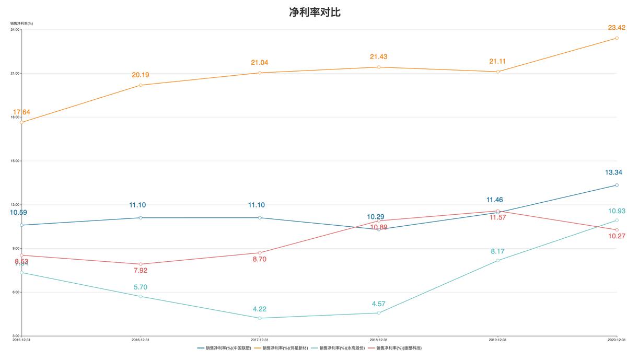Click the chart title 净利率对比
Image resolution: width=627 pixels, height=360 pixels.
click(x=315, y=13)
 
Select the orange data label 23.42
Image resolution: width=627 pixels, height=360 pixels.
click(x=609, y=27)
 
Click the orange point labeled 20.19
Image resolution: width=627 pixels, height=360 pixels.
click(x=141, y=85)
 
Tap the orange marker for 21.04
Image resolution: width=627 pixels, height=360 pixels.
click(x=260, y=73)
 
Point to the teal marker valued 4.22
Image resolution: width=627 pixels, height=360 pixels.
click(x=260, y=318)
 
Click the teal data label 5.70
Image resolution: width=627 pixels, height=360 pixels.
click(x=140, y=287)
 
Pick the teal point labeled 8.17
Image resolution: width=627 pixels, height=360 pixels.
click(x=497, y=260)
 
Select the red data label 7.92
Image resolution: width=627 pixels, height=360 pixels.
click(x=140, y=270)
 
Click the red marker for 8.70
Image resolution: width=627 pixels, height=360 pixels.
click(x=260, y=253)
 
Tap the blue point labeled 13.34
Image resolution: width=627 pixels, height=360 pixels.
click(x=617, y=185)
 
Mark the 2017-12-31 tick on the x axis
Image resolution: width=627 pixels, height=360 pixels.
click(x=260, y=340)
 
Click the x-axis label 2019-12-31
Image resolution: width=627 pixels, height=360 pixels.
click(x=497, y=340)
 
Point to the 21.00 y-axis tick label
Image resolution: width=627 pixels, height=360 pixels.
click(x=15, y=73)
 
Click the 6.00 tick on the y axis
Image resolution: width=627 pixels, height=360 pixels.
click(x=16, y=292)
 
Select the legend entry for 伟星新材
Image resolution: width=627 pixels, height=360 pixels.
click(x=285, y=347)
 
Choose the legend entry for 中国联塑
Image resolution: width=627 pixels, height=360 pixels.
click(x=228, y=347)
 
